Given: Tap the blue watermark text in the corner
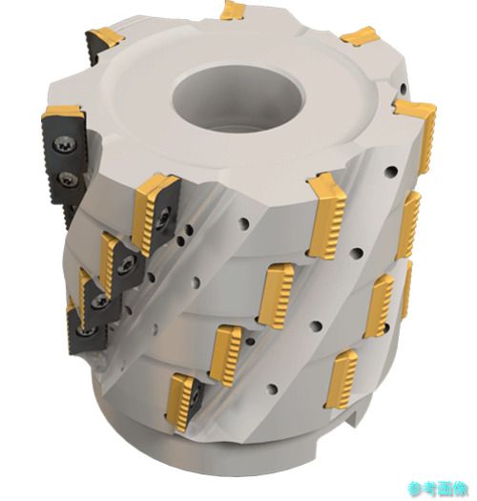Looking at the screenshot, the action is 438,489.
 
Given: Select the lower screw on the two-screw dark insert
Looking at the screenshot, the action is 67,179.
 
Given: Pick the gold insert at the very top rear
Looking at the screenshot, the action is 233,11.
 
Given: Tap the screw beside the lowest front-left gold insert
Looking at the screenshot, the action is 196,396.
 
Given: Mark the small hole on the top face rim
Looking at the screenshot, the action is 404,87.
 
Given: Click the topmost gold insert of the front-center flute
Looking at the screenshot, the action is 327,218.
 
